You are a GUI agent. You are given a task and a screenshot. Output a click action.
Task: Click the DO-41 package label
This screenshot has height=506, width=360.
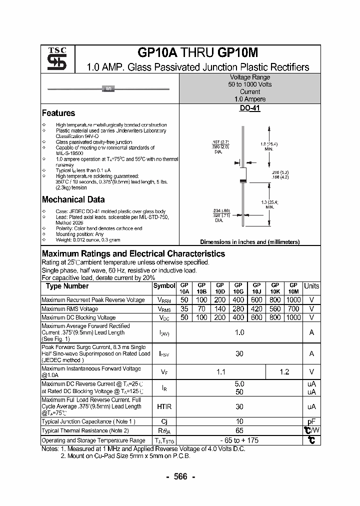click(x=249, y=108)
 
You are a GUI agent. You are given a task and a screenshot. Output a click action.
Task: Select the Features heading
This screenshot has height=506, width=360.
click(x=58, y=113)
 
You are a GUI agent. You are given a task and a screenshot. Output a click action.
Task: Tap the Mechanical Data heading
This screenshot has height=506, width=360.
click(x=73, y=199)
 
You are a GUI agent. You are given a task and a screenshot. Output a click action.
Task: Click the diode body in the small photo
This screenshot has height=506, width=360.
click(x=108, y=89)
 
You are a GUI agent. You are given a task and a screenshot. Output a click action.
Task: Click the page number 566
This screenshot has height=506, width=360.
click(x=180, y=476)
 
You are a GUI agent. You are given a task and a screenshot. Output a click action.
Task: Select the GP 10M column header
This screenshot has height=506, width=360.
click(x=293, y=288)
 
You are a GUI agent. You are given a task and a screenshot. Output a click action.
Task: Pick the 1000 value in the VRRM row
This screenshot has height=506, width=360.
click(x=293, y=300)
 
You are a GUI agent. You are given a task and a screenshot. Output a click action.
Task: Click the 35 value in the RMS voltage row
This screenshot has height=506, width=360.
click(x=184, y=309)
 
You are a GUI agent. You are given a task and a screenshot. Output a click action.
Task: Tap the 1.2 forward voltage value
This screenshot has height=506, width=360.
click(x=284, y=372)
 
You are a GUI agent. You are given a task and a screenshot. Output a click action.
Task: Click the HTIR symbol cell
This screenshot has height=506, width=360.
click(x=164, y=407)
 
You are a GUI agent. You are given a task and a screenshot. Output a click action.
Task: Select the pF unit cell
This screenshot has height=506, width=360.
click(x=311, y=421)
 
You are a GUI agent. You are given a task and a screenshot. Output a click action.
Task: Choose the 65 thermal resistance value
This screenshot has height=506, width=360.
click(x=239, y=430)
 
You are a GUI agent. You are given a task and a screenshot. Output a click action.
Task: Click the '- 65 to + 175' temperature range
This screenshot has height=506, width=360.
click(x=239, y=440)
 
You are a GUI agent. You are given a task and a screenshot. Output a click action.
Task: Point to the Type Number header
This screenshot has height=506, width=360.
click(x=67, y=286)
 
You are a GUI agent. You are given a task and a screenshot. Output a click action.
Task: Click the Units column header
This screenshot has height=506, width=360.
click(x=311, y=286)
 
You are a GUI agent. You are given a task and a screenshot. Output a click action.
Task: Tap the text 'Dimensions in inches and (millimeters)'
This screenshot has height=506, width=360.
click(x=249, y=242)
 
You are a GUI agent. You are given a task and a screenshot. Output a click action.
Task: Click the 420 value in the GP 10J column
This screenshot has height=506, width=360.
click(x=257, y=309)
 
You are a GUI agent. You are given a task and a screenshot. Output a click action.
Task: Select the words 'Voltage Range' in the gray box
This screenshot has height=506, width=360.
click(x=249, y=77)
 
